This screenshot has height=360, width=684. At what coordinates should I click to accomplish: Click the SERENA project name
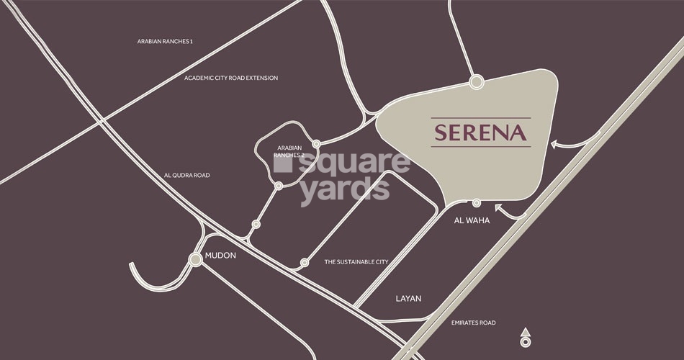click(x=480, y=133)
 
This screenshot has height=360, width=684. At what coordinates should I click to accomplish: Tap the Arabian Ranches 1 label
click(x=165, y=42)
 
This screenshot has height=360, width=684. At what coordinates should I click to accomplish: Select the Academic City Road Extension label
click(x=230, y=78)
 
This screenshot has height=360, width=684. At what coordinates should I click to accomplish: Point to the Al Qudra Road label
click(x=186, y=175)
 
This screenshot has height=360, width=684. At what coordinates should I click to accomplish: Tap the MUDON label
click(x=221, y=256)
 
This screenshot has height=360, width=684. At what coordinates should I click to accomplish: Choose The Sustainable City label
click(x=356, y=262)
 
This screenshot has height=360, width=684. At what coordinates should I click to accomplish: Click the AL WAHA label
click(x=472, y=220)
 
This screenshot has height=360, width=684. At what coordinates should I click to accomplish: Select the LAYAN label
click(x=408, y=298)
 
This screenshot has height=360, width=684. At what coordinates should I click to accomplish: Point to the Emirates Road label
click(x=473, y=323)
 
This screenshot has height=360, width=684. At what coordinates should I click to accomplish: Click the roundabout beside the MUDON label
click(x=195, y=259)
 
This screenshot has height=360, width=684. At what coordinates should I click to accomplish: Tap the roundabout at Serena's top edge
click(x=476, y=82)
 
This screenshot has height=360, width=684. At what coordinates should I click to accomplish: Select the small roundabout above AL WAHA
click(x=476, y=202)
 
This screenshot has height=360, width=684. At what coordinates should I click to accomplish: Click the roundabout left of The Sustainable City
click(x=305, y=263)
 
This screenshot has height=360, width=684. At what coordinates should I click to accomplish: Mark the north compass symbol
click(x=526, y=337)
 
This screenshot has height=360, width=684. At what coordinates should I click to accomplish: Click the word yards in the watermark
click(x=344, y=191)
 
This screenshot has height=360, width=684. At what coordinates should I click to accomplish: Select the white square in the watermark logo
click(x=283, y=164)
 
